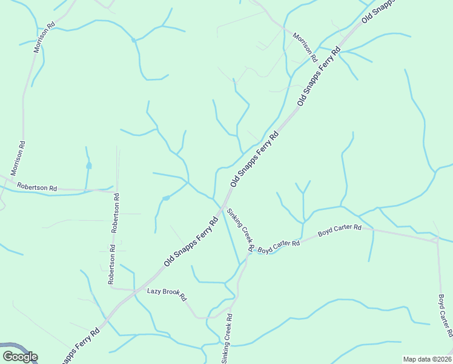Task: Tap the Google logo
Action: (20, 356)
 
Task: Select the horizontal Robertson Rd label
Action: (37, 187)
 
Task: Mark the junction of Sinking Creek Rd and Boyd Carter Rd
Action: (249, 253)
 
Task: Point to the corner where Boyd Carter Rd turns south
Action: (437, 241)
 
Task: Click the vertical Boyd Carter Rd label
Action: (445, 316)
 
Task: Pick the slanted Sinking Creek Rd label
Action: (239, 230)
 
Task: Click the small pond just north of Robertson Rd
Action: (89, 166)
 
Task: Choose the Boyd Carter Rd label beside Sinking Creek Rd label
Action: (279, 246)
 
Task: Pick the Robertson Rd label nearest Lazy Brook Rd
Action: (112, 265)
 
